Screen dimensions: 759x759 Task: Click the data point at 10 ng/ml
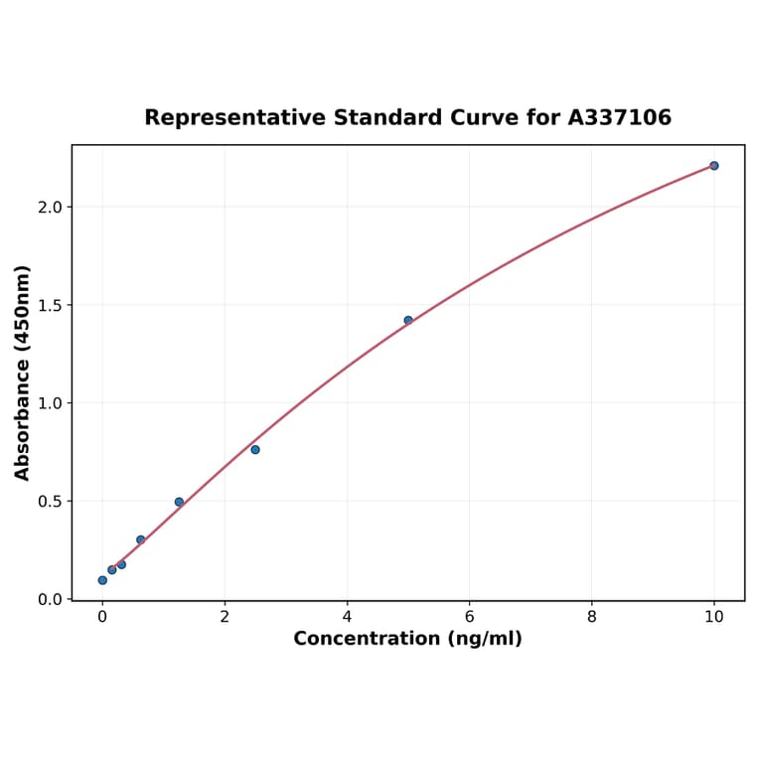(x=713, y=166)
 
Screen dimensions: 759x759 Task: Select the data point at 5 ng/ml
(x=408, y=320)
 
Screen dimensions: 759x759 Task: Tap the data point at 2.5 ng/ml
(x=255, y=450)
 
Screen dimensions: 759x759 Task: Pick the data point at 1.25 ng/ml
(x=179, y=502)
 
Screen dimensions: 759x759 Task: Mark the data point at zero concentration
(x=102, y=580)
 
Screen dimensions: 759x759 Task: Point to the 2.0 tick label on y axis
(x=50, y=207)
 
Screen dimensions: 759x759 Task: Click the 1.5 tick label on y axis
(x=50, y=305)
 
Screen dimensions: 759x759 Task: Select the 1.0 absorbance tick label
(x=50, y=403)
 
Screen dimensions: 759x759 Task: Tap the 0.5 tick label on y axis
(x=50, y=502)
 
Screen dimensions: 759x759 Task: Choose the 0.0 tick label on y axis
(x=50, y=599)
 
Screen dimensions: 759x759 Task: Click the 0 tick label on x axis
(x=102, y=617)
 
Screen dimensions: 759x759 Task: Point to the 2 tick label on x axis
(x=225, y=617)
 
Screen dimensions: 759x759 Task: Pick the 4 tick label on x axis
(x=347, y=617)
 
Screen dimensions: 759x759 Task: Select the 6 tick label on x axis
(x=469, y=617)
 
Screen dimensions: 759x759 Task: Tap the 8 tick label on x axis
(x=592, y=617)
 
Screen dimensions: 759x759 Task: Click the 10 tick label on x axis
(x=713, y=617)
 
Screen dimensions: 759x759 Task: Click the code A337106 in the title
(x=619, y=118)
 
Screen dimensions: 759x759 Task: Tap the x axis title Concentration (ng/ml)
(x=407, y=639)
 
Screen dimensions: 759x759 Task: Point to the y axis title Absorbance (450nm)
(x=23, y=373)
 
